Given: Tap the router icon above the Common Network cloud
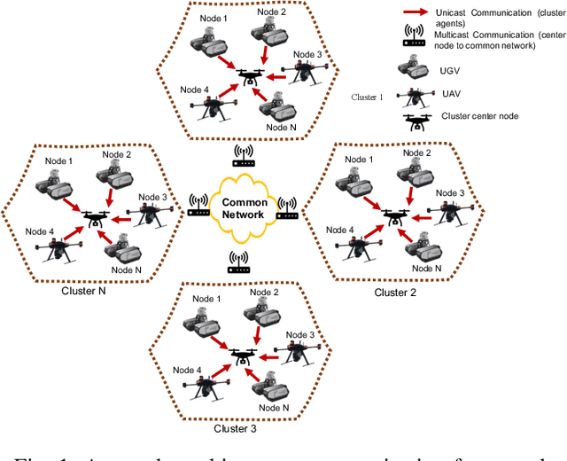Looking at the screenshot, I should click(245, 157).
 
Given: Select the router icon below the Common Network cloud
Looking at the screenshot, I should click(237, 262).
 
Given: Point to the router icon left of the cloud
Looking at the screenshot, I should click(198, 207).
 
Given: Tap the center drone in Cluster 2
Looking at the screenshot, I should click(394, 215).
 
